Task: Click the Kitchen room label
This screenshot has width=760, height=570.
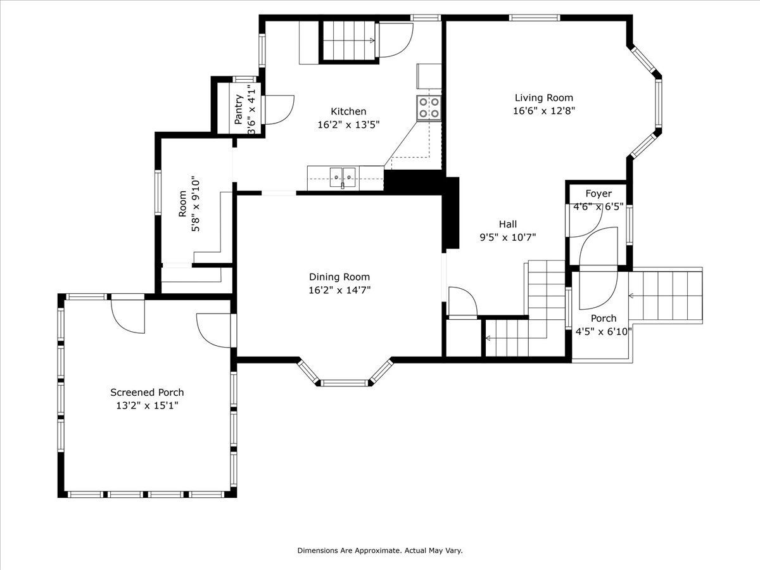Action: click(x=348, y=111)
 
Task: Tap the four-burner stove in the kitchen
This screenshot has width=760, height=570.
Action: click(x=429, y=108)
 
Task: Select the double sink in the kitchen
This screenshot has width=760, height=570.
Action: click(x=343, y=177)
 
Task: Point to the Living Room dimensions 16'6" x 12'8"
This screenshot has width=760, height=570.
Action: click(x=543, y=111)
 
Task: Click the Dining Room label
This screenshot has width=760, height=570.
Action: click(x=339, y=277)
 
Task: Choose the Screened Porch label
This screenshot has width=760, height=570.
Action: click(x=147, y=392)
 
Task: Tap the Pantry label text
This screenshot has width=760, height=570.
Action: click(x=238, y=110)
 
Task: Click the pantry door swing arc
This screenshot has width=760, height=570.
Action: click(x=279, y=110)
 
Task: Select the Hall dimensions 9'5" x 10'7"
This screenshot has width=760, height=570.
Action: click(x=507, y=237)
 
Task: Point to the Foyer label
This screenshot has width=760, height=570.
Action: click(x=598, y=193)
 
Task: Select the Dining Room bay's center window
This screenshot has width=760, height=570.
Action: click(x=344, y=383)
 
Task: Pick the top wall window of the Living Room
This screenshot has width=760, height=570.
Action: click(x=535, y=18)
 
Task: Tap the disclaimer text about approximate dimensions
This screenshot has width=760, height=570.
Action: click(x=380, y=550)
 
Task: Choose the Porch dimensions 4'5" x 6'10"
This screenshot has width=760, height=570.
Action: click(x=604, y=331)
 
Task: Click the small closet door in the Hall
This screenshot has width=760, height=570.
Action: click(x=462, y=301)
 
